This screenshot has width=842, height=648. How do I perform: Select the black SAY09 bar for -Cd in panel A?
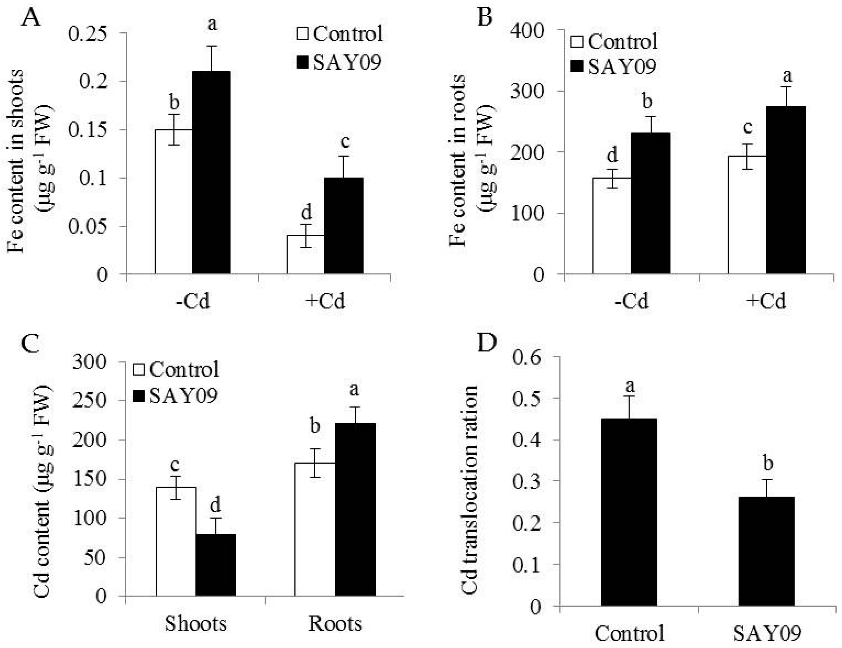pyautogui.click(x=211, y=172)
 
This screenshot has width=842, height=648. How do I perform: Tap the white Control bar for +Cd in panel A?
pyautogui.click(x=305, y=254)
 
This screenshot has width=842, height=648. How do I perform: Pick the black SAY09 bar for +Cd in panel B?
pyautogui.click(x=785, y=190)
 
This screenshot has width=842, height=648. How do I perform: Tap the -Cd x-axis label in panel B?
pyautogui.click(x=631, y=301)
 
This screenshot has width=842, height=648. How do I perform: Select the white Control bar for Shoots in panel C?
pyautogui.click(x=176, y=542)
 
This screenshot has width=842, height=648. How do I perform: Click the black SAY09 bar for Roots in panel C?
pyautogui.click(x=355, y=510)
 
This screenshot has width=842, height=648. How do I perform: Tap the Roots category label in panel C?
pyautogui.click(x=335, y=624)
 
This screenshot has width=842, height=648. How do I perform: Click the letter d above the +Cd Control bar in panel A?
pyautogui.click(x=306, y=212)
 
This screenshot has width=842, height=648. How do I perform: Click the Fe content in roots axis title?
pyautogui.click(x=458, y=160)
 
